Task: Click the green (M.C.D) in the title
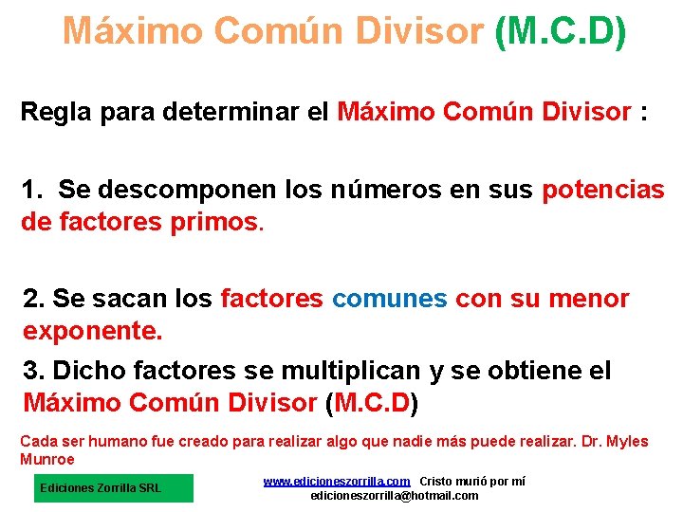coord(560,31)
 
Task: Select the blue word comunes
coord(389,300)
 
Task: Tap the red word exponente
coord(93,333)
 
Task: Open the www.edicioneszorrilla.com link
coord(337,482)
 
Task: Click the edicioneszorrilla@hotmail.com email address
coord(395,496)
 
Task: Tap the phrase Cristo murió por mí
coord(472,482)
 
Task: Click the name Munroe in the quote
coord(47,459)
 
